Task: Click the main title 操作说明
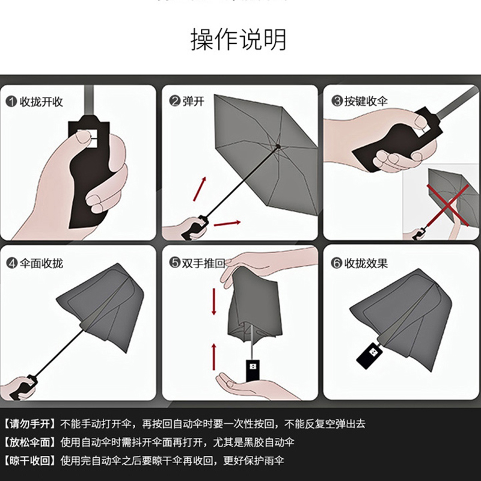tap(238, 39)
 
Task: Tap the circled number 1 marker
tap(11, 102)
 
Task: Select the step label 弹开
tap(193, 101)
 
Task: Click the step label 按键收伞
tap(366, 101)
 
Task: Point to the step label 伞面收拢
tap(41, 263)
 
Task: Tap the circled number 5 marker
tap(174, 263)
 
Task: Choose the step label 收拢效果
tap(366, 263)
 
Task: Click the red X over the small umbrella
tap(448, 205)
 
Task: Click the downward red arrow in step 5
tap(214, 302)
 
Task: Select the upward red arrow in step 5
tap(214, 357)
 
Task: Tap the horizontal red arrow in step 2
tap(227, 223)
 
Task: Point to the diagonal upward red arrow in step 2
tap(200, 189)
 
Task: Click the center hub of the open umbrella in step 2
tap(278, 146)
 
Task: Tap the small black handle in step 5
tap(253, 370)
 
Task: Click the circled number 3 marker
tap(337, 101)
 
